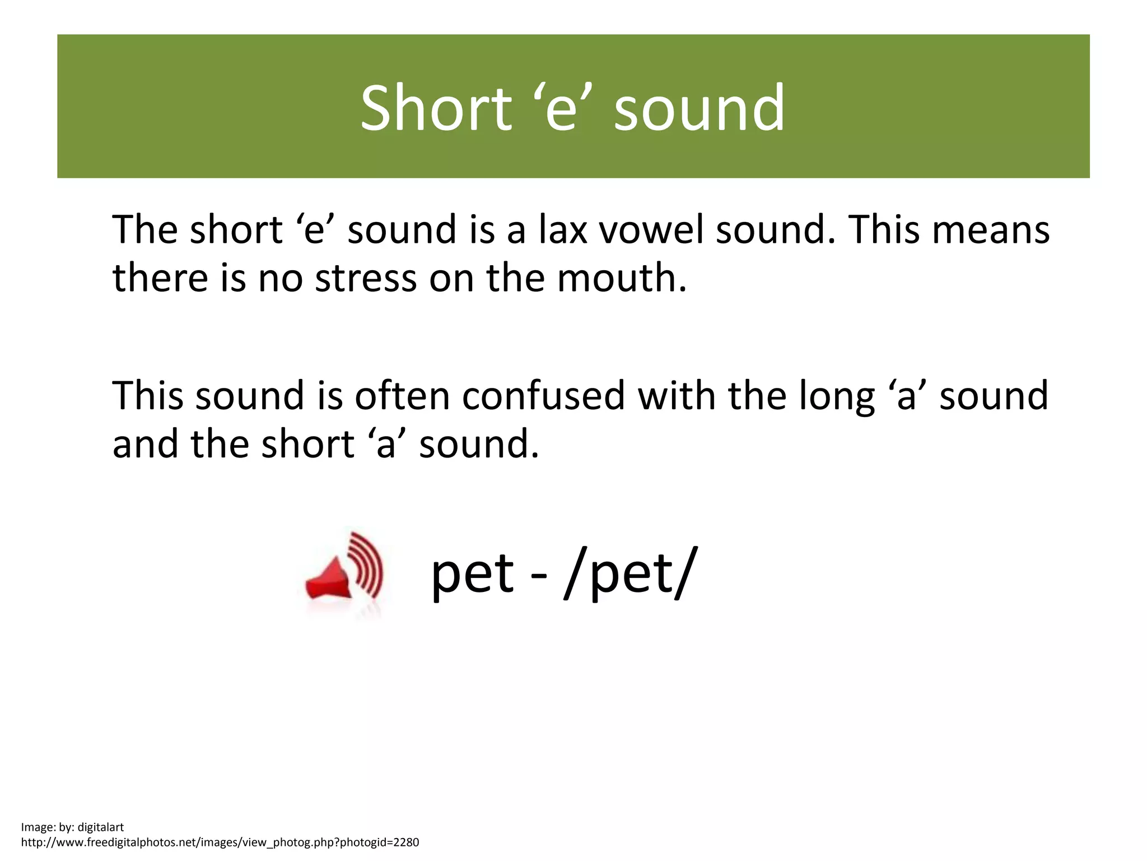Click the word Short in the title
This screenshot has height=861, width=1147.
[x=436, y=108]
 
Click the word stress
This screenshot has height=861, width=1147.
[x=366, y=278]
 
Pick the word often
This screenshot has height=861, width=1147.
[x=402, y=396]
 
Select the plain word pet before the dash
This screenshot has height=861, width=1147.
[x=472, y=574]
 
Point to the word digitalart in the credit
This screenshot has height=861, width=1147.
[x=100, y=827]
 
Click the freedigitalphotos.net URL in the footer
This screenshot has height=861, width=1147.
[x=220, y=842]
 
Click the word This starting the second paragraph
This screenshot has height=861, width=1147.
[x=148, y=396]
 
